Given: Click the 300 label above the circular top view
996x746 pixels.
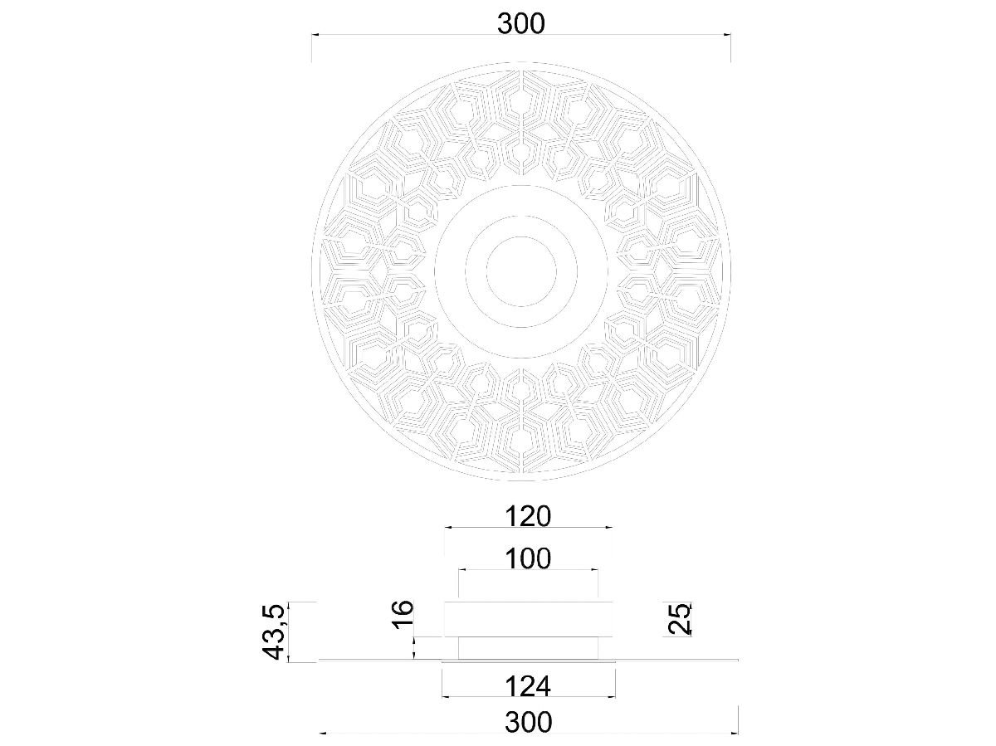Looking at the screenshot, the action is (521, 23).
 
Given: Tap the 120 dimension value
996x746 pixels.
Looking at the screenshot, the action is (528, 516).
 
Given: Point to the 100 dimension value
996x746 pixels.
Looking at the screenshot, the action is (528, 558).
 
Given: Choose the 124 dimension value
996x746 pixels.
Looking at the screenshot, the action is (528, 686).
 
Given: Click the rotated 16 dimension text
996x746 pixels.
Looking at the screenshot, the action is (403, 614).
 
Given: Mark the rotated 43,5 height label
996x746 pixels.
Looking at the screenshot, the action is (274, 631).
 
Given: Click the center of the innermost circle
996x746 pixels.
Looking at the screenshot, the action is (521, 271).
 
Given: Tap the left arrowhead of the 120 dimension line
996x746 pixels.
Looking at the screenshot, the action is (448, 528).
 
